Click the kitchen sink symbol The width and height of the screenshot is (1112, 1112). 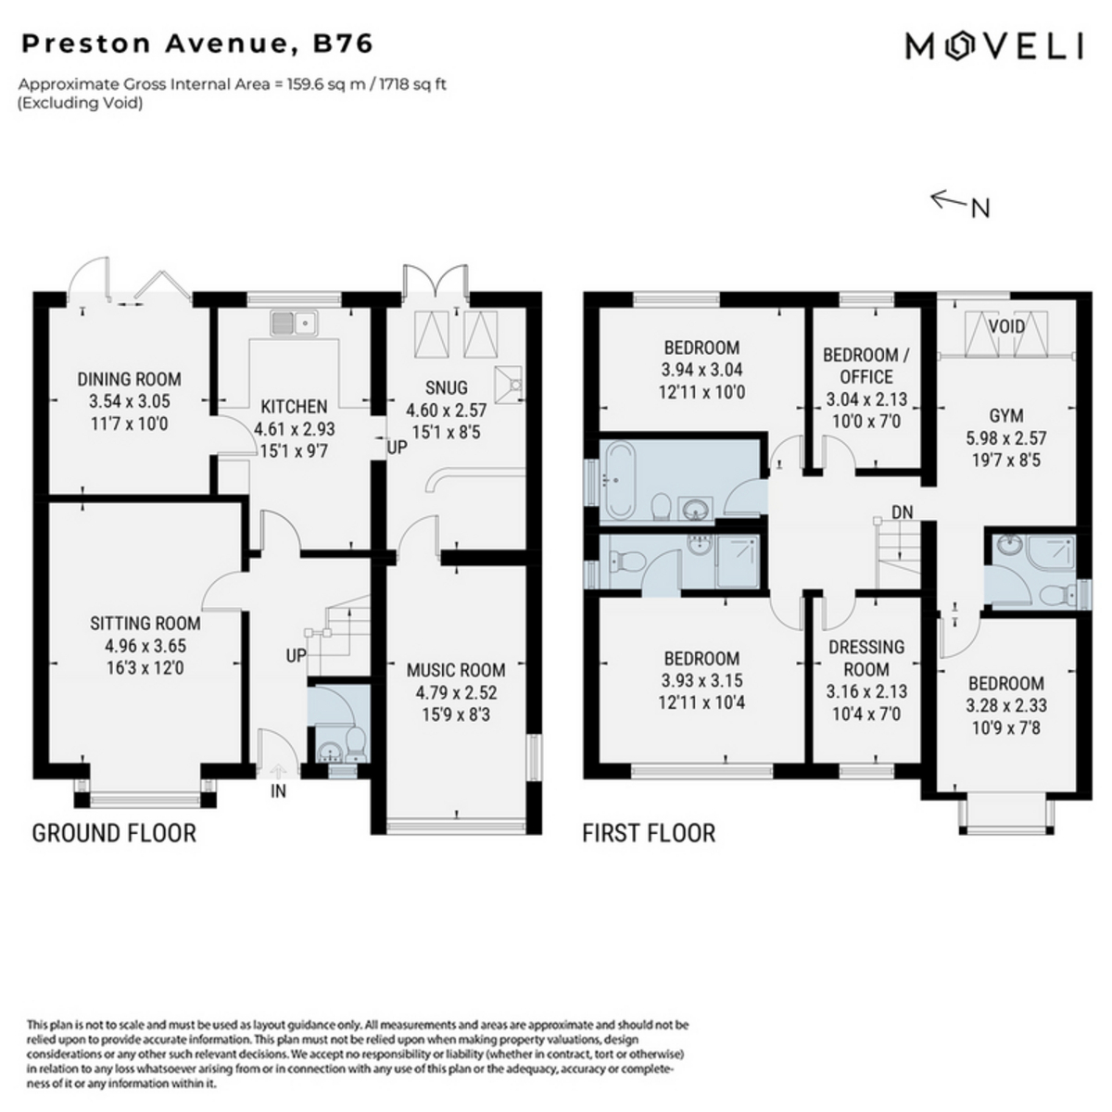(294, 322)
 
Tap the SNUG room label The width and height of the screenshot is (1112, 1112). (446, 387)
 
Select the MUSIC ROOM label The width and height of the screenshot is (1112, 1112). (456, 670)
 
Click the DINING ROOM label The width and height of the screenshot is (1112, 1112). (129, 379)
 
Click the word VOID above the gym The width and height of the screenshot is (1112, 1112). (1006, 326)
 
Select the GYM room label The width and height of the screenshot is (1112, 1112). (1006, 415)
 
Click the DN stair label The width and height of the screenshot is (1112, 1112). (903, 512)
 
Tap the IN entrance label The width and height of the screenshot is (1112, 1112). (278, 790)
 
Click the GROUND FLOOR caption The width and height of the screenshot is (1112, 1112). (114, 833)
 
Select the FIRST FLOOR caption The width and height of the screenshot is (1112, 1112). (649, 833)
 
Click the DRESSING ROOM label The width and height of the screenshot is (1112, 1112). (866, 658)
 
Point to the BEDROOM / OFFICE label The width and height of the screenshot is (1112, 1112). (866, 366)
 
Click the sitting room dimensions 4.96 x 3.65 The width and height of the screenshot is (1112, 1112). (145, 646)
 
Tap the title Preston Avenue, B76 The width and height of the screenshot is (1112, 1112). (197, 44)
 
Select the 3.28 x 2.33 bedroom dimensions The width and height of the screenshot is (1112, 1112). (1006, 705)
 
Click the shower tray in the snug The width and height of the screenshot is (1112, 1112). (509, 385)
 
